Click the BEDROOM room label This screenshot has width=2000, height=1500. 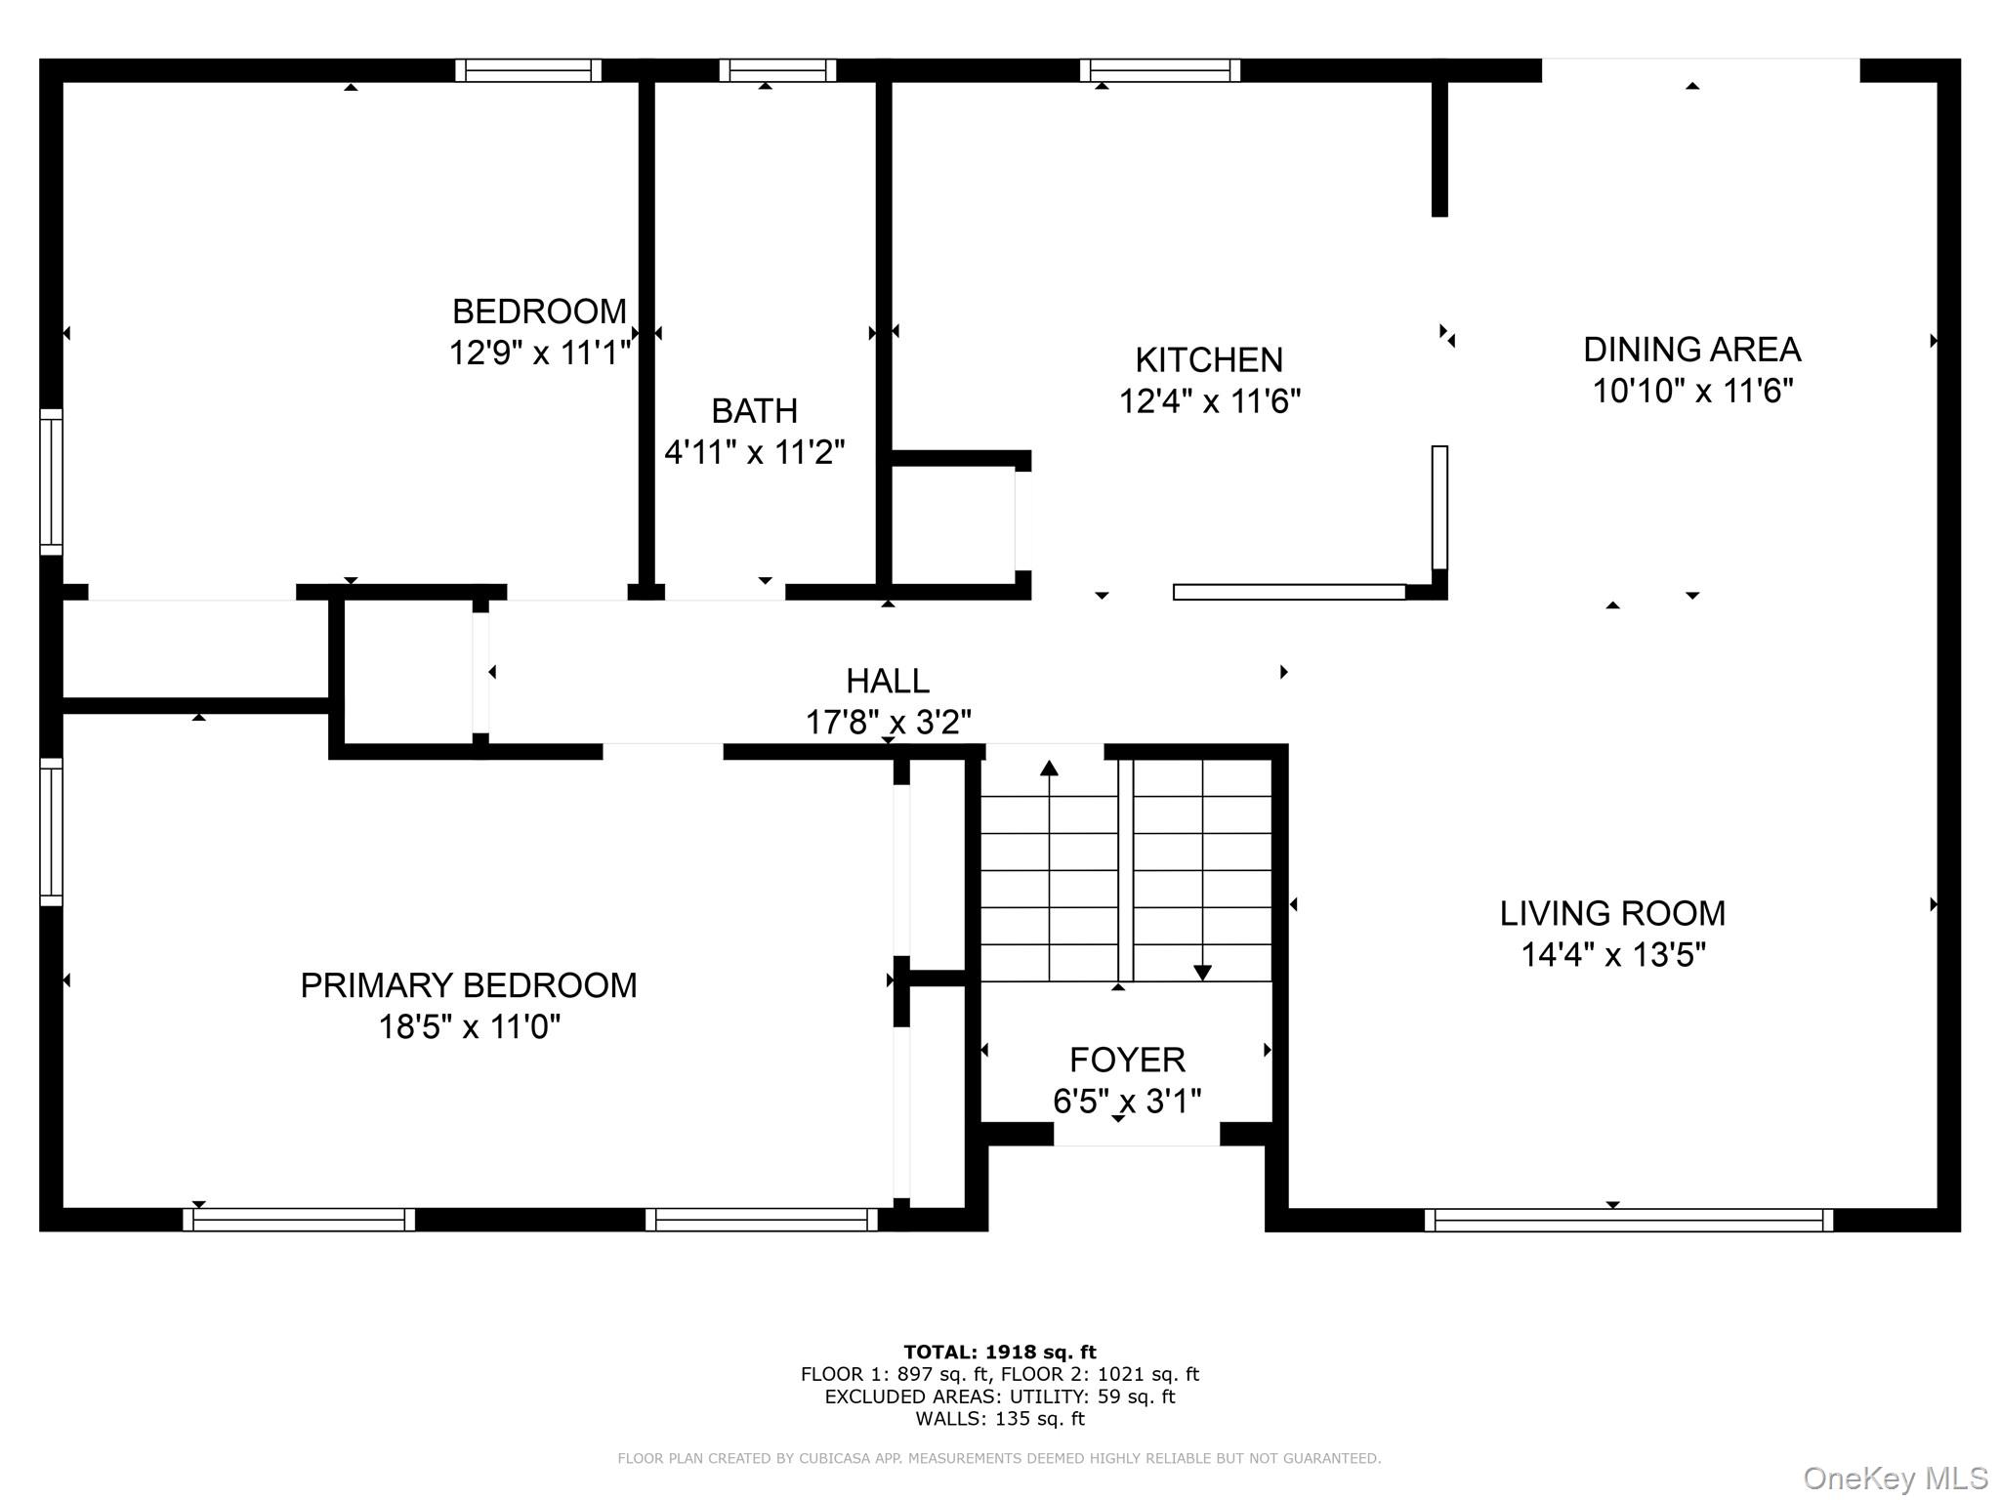(539, 312)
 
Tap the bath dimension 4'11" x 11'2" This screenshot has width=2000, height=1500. (754, 452)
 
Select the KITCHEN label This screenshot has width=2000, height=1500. (1209, 360)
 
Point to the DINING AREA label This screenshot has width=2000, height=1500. (1691, 350)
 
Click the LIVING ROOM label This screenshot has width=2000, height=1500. (1612, 913)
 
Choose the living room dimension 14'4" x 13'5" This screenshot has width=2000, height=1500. (1612, 954)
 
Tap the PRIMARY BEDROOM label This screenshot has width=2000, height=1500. (468, 985)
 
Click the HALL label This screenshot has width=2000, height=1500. (887, 681)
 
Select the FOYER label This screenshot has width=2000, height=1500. (1127, 1060)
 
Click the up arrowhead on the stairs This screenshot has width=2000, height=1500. (1049, 768)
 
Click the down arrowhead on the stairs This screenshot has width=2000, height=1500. (1202, 973)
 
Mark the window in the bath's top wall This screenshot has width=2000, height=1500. (777, 70)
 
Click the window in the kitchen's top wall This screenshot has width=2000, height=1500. (1160, 70)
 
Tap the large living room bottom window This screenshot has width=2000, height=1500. (1628, 1220)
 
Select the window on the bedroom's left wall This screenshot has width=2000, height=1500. (51, 482)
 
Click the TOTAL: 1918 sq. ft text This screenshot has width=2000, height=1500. (999, 1352)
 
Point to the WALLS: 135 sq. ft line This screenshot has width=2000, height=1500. (999, 1419)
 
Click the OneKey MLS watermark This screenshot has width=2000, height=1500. (1895, 1478)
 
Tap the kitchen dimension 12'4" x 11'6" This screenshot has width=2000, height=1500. (1209, 401)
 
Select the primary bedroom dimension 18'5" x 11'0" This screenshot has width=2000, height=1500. (469, 1027)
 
